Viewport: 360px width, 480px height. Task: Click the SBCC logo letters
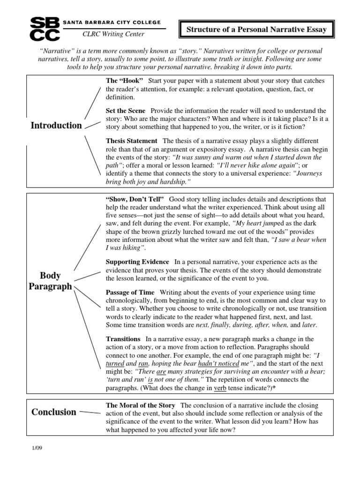tap(45, 29)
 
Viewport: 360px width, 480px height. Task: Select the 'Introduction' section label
tap(56, 125)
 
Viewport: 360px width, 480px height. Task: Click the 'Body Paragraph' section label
tap(50, 281)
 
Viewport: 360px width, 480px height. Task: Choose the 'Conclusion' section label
tap(53, 412)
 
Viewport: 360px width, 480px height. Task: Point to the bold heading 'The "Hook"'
tap(124, 81)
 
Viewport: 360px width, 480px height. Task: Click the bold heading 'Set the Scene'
tap(126, 110)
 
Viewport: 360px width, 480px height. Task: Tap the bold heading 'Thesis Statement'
tap(132, 141)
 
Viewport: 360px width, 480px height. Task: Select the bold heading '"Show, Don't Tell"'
tap(135, 199)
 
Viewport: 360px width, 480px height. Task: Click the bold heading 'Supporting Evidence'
tap(138, 261)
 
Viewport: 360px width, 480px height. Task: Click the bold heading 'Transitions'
tap(123, 338)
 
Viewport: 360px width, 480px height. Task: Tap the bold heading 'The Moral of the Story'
tap(141, 405)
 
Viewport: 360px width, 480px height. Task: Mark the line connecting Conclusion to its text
tap(90, 412)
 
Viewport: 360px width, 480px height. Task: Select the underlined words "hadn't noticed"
tap(215, 363)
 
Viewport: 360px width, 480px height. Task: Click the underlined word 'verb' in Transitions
tap(220, 388)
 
